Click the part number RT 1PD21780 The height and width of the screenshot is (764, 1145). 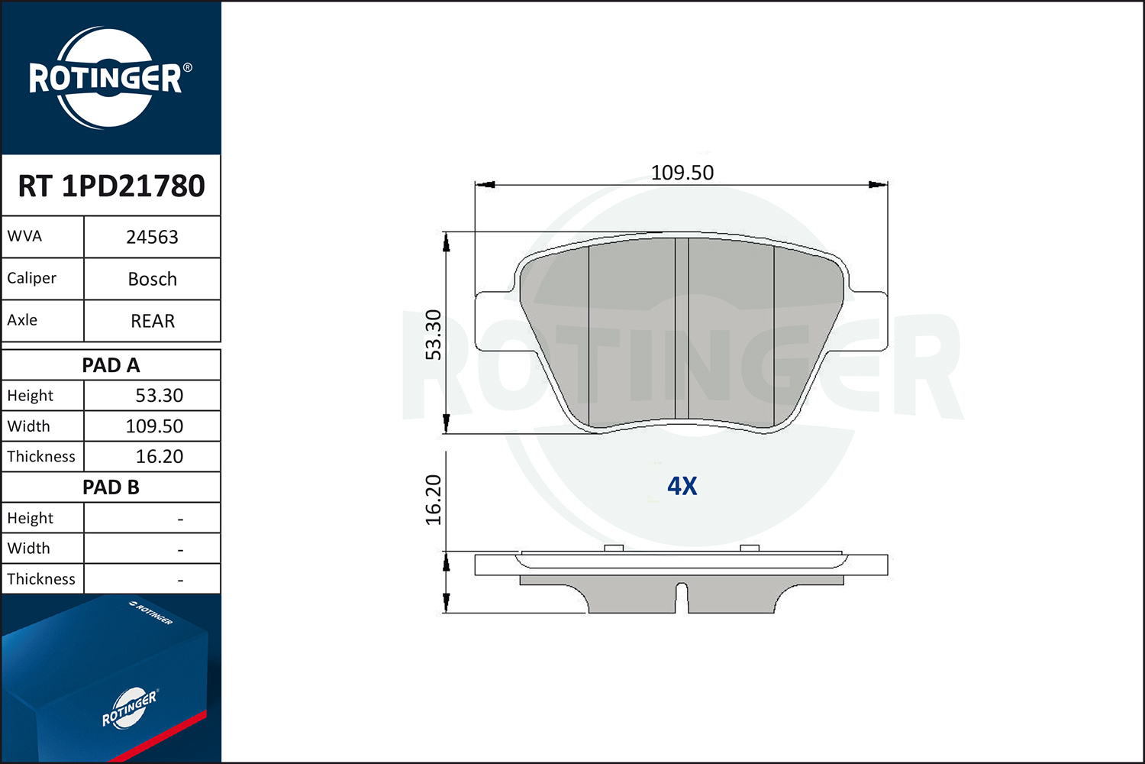pyautogui.click(x=111, y=186)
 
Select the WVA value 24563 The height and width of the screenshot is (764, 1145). pyautogui.click(x=153, y=237)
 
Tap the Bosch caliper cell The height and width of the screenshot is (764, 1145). pyautogui.click(x=153, y=279)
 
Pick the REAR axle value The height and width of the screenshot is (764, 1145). pyautogui.click(x=153, y=321)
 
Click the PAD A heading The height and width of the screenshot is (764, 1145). pyautogui.click(x=111, y=365)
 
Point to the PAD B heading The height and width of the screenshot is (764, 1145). pyautogui.click(x=111, y=487)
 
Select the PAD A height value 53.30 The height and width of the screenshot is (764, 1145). pyautogui.click(x=159, y=396)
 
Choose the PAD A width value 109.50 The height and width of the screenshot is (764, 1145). pyautogui.click(x=154, y=426)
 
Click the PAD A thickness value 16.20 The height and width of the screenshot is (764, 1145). pyautogui.click(x=159, y=456)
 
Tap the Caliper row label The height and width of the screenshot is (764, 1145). pyautogui.click(x=32, y=278)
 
